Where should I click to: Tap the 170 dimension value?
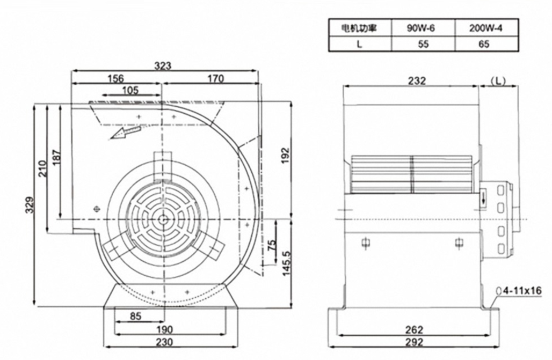coord(214,79)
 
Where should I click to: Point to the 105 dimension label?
coord(129,90)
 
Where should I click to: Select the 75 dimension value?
coord(272,246)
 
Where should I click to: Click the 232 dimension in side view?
coord(417,80)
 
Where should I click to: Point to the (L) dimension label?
coord(498,80)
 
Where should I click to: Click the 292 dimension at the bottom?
coord(415,342)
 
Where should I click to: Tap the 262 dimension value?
coord(415,329)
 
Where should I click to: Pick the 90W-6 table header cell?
coord(423,28)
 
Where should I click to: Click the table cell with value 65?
coord(483,44)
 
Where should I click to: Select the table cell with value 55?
coord(423,44)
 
